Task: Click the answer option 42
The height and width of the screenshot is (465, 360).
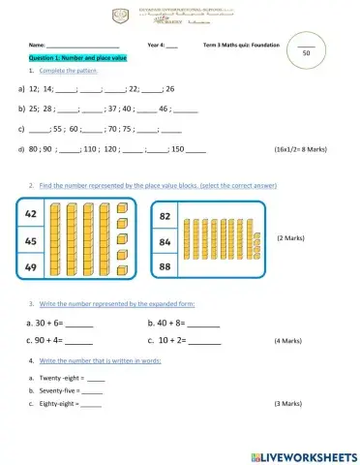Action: pos(31,213)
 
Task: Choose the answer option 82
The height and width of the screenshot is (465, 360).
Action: pos(165,215)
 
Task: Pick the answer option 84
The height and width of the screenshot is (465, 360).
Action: pos(165,241)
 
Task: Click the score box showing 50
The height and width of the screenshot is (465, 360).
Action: pos(306,54)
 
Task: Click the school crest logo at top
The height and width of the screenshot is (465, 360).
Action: pos(120,15)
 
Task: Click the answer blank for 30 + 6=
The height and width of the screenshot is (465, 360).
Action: pos(79,325)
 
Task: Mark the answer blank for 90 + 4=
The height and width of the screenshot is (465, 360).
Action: pos(79,342)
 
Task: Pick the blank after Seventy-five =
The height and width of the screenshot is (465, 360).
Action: pos(94,390)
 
